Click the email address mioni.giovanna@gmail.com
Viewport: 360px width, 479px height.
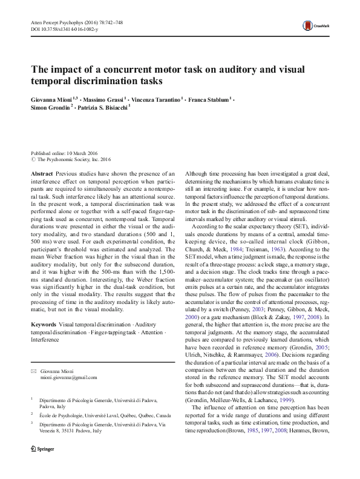point(68,377)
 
